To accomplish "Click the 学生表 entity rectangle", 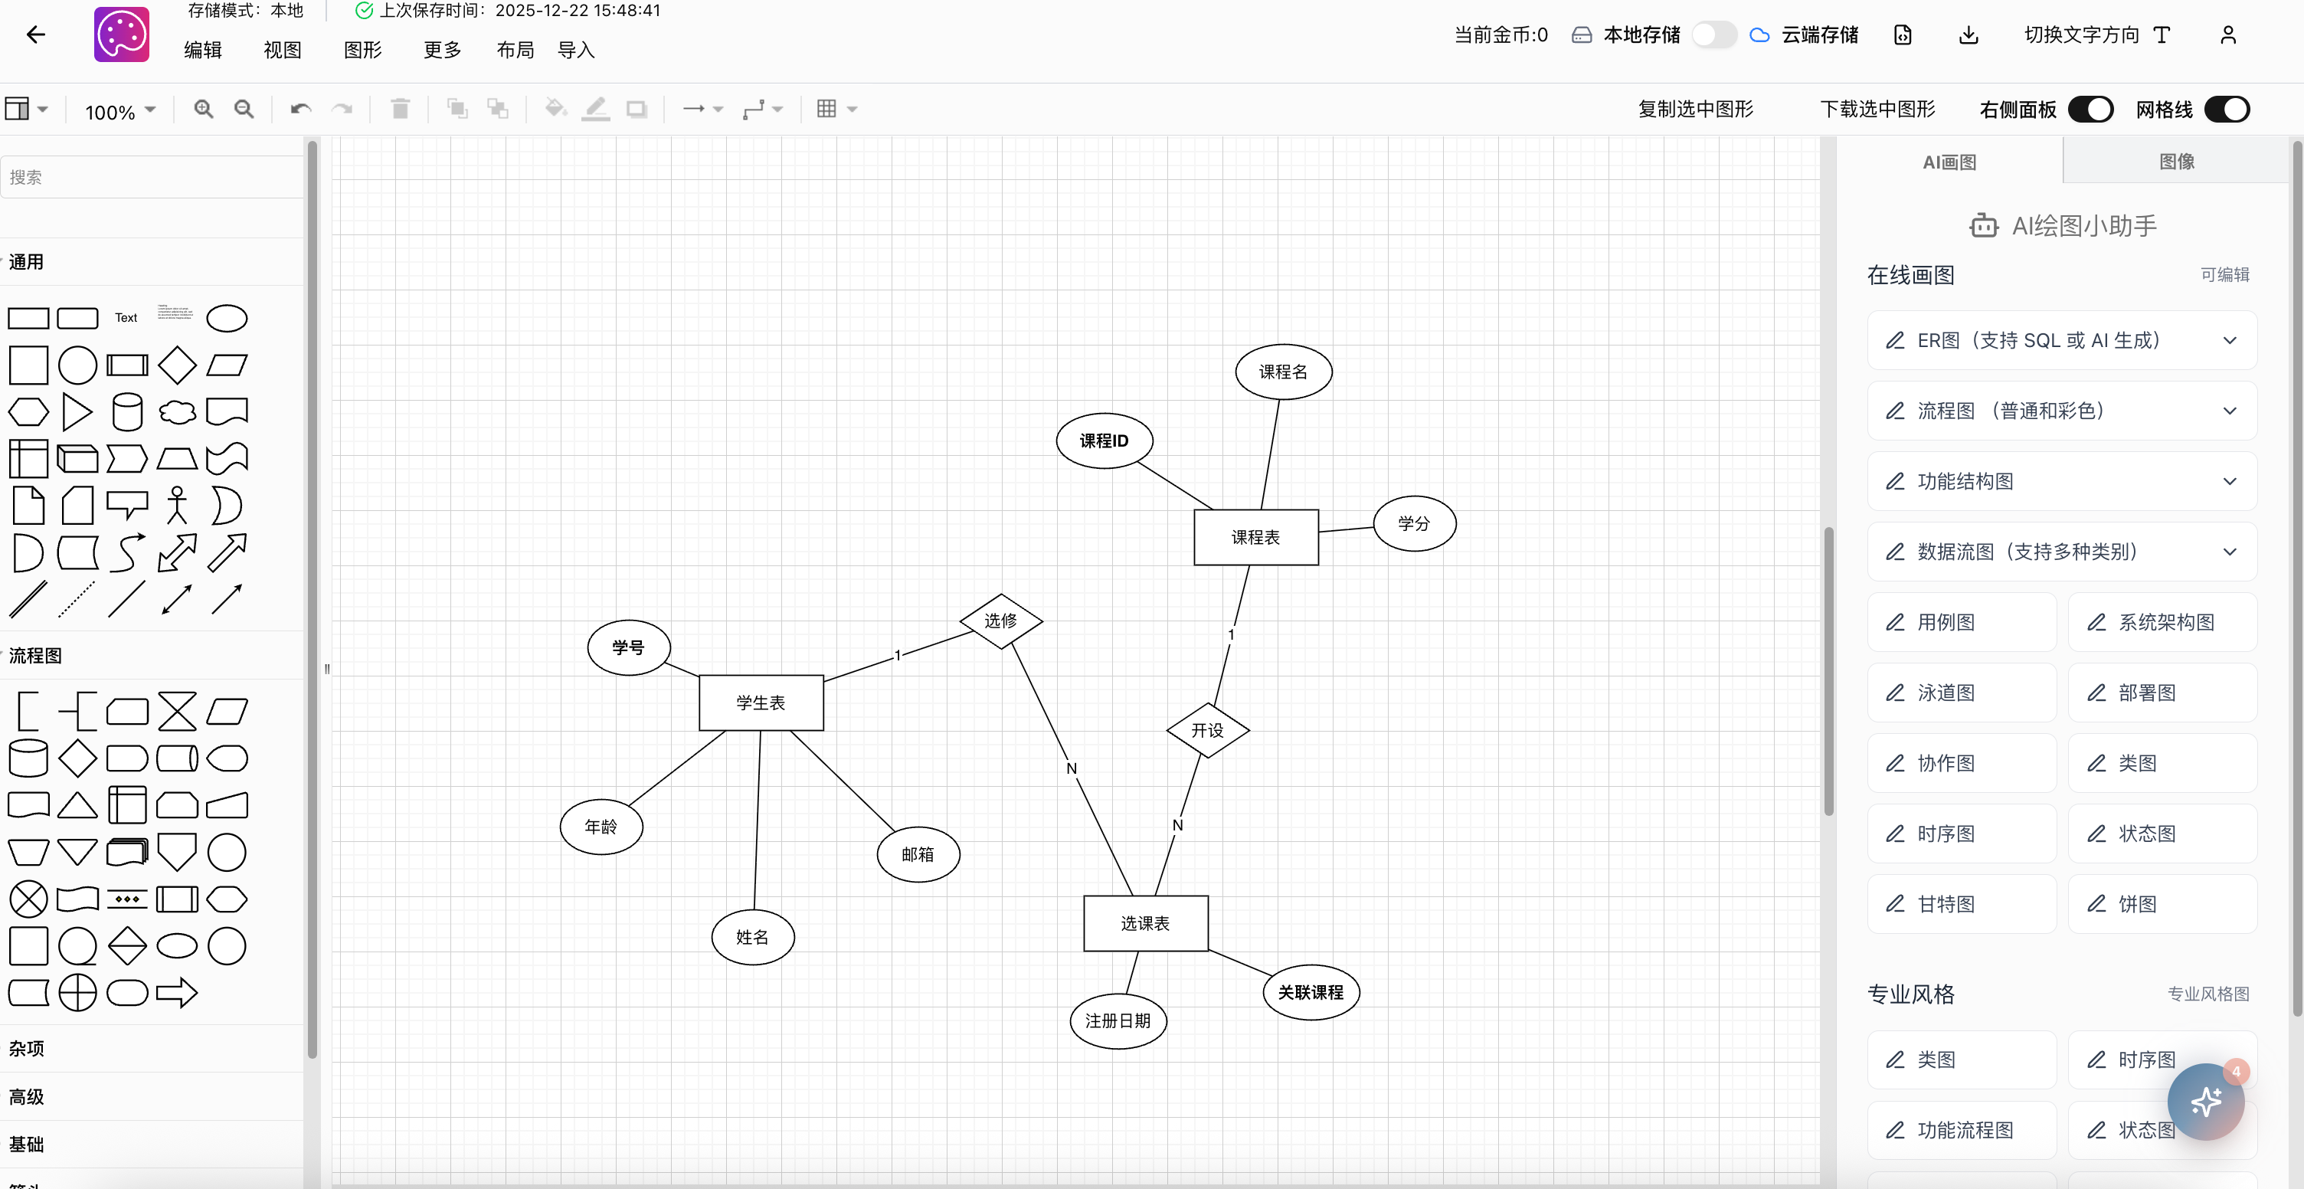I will (761, 703).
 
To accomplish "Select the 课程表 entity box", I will (1255, 538).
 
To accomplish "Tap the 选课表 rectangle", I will (1145, 923).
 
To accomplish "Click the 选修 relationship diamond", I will (1000, 621).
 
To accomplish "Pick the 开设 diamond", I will (1207, 731).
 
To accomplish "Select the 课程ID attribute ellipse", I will (1104, 441).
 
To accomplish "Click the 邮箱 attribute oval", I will (918, 854).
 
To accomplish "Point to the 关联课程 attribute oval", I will (1311, 992).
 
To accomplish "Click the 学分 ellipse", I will (1414, 523).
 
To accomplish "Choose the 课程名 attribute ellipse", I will (1282, 372).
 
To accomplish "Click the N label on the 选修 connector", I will (1072, 768).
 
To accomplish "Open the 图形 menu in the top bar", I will (362, 50).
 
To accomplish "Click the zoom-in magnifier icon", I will (204, 109).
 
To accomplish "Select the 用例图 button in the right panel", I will (1962, 622).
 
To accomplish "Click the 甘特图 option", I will (1962, 903).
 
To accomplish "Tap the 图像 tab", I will (2176, 162).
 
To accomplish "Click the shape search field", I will (152, 177).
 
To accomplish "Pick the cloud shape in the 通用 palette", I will (177, 411).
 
